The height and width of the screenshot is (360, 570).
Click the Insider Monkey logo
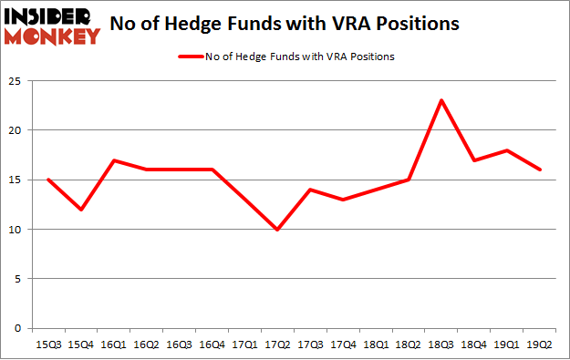coord(52,25)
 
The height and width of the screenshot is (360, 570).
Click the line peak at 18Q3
coord(442,100)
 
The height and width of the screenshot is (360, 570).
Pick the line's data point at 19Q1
coord(506,150)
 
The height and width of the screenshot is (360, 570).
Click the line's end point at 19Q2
coord(538,170)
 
